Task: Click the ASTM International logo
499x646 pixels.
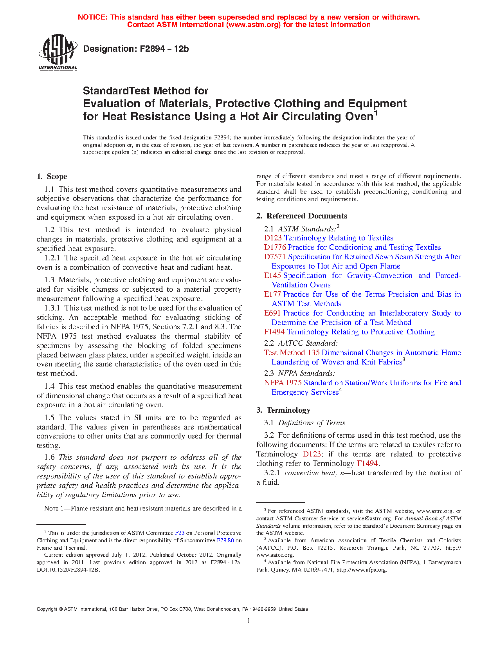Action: pyautogui.click(x=58, y=52)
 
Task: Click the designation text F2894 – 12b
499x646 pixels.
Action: pyautogui.click(x=136, y=49)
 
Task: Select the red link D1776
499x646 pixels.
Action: pyautogui.click(x=275, y=247)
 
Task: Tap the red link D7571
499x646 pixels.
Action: pyautogui.click(x=275, y=257)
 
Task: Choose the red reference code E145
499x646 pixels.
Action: pyautogui.click(x=272, y=276)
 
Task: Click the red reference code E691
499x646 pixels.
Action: pyautogui.click(x=272, y=313)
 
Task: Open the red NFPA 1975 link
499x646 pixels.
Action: pyautogui.click(x=283, y=383)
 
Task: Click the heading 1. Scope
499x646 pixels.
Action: pyautogui.click(x=52, y=177)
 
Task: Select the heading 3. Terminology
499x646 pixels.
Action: pyautogui.click(x=283, y=410)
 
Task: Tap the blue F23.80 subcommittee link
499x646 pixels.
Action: pyautogui.click(x=225, y=541)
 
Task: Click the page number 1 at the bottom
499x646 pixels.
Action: pyautogui.click(x=249, y=621)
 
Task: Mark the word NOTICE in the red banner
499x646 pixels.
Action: pyautogui.click(x=92, y=17)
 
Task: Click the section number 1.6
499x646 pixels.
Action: pyautogui.click(x=50, y=457)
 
